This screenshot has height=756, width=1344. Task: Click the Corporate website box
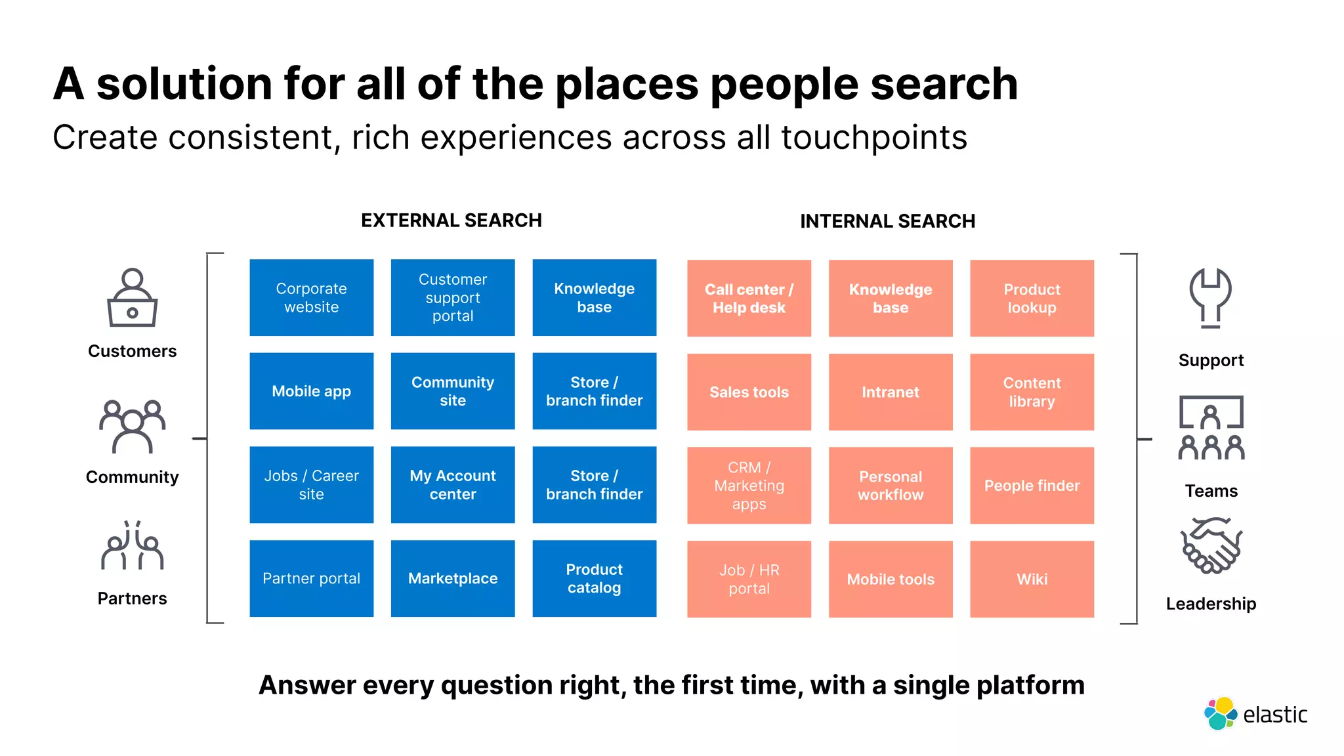click(311, 297)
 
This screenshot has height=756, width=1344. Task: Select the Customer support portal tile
click(453, 297)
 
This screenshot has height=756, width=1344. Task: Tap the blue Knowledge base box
click(594, 297)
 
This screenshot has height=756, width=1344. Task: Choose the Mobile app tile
click(311, 391)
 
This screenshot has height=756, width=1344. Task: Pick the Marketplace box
click(453, 578)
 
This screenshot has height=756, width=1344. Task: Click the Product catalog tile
click(594, 578)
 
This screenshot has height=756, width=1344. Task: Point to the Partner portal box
click(311, 578)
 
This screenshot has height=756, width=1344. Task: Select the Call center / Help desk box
click(749, 298)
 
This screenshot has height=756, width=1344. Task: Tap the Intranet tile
click(891, 392)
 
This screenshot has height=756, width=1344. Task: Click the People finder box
click(1032, 486)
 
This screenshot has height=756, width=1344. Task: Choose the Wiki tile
click(1032, 579)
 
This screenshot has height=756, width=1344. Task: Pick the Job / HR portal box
click(749, 579)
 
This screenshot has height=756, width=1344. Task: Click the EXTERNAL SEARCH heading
click(451, 220)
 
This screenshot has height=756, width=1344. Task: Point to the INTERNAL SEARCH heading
click(887, 221)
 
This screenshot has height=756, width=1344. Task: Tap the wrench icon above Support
click(1211, 297)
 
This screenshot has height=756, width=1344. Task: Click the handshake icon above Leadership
click(1211, 545)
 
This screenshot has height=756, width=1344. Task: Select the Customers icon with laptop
click(132, 298)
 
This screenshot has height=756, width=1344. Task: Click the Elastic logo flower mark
click(1220, 713)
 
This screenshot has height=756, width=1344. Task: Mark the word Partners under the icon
click(132, 598)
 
